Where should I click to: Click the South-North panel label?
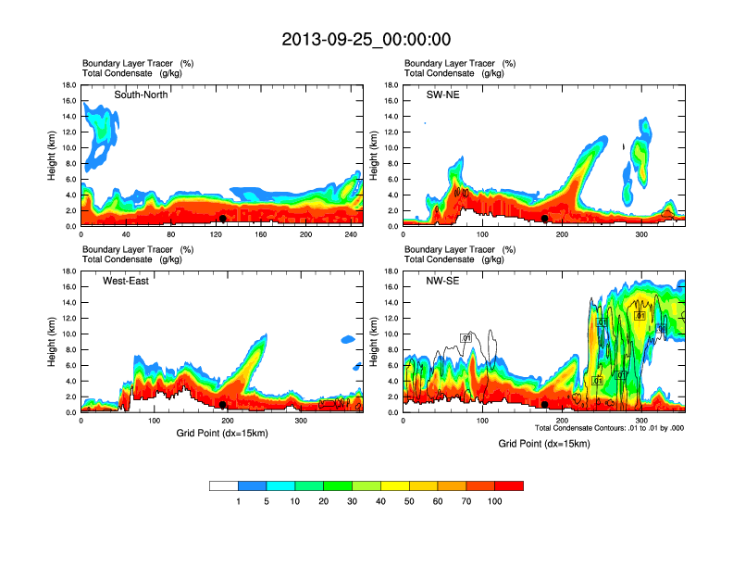tap(141, 94)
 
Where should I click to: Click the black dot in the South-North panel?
tap(223, 219)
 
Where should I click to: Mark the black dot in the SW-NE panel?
tap(545, 219)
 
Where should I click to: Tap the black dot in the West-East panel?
tap(223, 405)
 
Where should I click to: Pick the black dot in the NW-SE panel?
tap(545, 405)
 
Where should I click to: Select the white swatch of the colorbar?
tap(224, 485)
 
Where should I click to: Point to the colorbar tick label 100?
tap(495, 501)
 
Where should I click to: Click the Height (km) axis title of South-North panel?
tap(54, 156)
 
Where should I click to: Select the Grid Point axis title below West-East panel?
tap(222, 433)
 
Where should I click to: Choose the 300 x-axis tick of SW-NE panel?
tap(642, 234)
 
